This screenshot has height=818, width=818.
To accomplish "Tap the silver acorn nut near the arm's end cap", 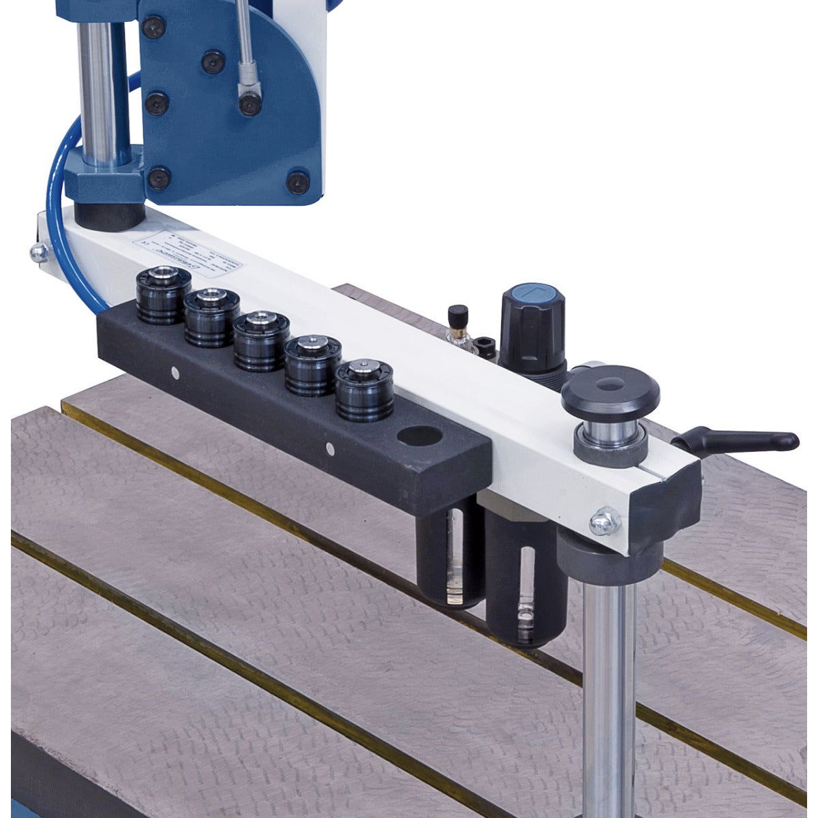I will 604,521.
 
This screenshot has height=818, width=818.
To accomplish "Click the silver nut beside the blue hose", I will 38,253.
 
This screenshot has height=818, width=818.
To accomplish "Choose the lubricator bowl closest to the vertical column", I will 525,586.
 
